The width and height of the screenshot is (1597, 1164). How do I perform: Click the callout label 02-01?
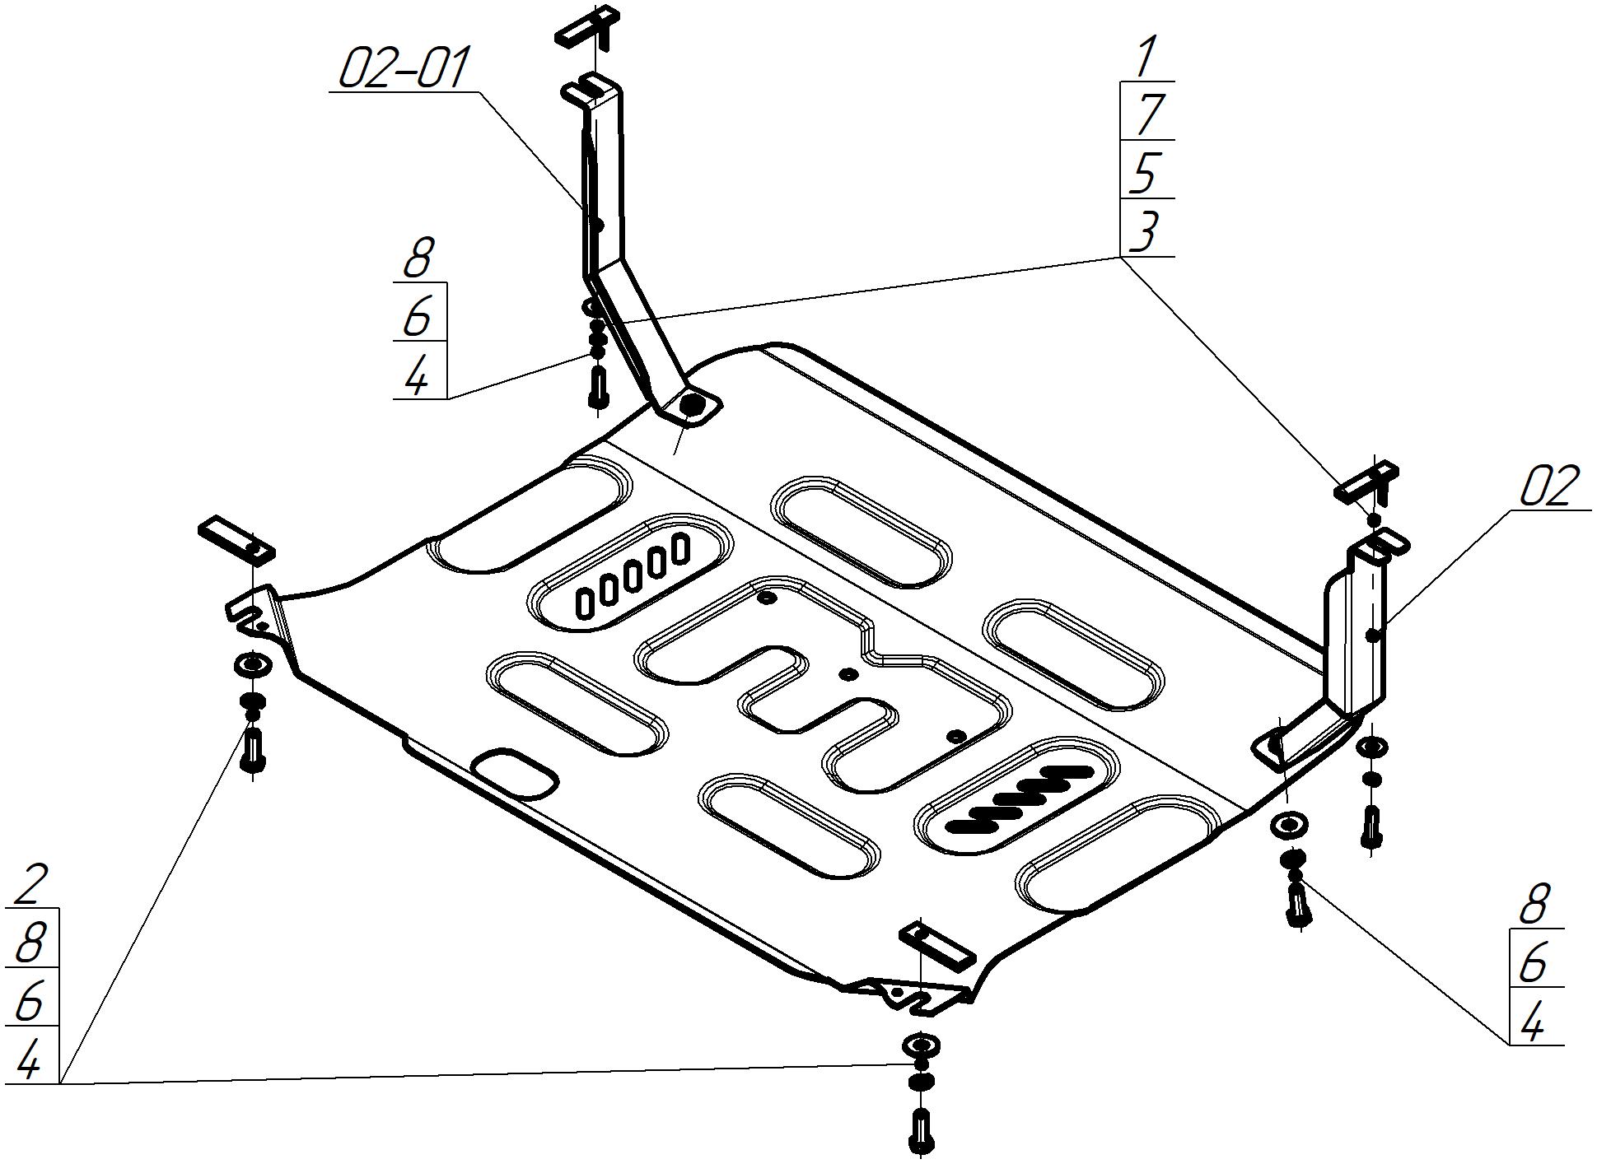(404, 68)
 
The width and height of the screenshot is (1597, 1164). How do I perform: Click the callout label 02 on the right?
(1549, 487)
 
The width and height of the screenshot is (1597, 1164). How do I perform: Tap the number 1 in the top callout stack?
(1146, 58)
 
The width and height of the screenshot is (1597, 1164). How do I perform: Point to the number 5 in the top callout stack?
(1147, 173)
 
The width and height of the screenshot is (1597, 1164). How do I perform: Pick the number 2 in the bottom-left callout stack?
(30, 884)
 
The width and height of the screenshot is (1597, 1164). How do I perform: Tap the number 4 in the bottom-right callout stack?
(1533, 1025)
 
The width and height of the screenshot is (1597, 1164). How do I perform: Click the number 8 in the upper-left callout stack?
(418, 258)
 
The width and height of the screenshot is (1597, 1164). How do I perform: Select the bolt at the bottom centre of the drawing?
(922, 1132)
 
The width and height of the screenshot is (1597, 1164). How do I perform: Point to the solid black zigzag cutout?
(1020, 799)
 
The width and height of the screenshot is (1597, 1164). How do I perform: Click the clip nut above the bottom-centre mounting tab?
(937, 947)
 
